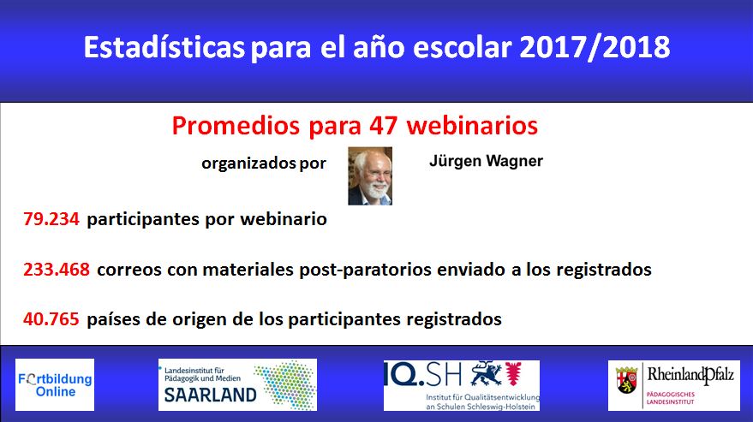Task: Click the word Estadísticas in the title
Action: pos(164,47)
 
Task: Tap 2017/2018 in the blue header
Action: pos(595,48)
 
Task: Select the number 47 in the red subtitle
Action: pos(383,126)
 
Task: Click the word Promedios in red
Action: pos(236,126)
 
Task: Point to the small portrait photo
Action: pos(370,176)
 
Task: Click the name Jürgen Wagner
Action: pos(486,161)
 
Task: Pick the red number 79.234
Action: pos(51,219)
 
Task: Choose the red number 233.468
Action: pos(57,270)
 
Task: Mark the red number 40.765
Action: pos(51,318)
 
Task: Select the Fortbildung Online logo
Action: pos(55,384)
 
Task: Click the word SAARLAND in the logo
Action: pos(211,395)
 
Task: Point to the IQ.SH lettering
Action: pos(422,374)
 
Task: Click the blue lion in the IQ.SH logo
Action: pos(486,374)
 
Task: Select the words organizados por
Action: pos(264,163)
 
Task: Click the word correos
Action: pos(129,270)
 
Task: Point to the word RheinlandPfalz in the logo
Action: pos(690,375)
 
